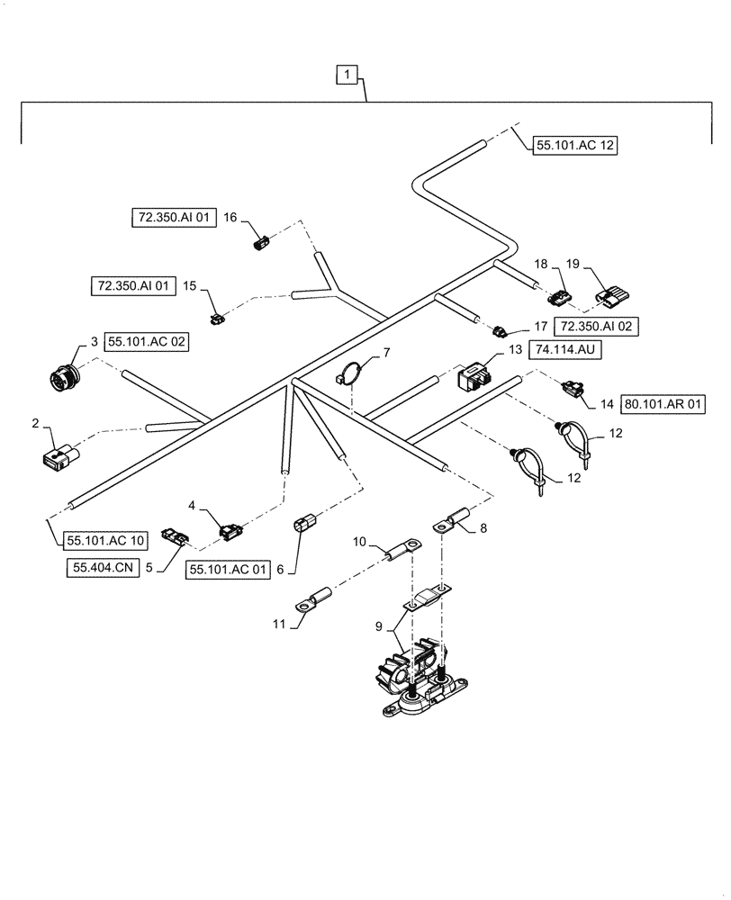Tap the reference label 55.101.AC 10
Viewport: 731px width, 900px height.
pyautogui.click(x=104, y=541)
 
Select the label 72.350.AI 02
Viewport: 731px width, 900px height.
pyautogui.click(x=597, y=327)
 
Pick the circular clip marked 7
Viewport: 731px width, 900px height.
pyautogui.click(x=354, y=373)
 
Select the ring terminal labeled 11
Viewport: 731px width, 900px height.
pyautogui.click(x=311, y=602)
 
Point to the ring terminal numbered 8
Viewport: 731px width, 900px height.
pyautogui.click(x=450, y=522)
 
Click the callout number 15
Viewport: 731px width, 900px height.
pyautogui.click(x=190, y=285)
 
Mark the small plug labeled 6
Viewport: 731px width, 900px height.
pyautogui.click(x=304, y=526)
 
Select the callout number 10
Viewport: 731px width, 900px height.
pyautogui.click(x=359, y=543)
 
